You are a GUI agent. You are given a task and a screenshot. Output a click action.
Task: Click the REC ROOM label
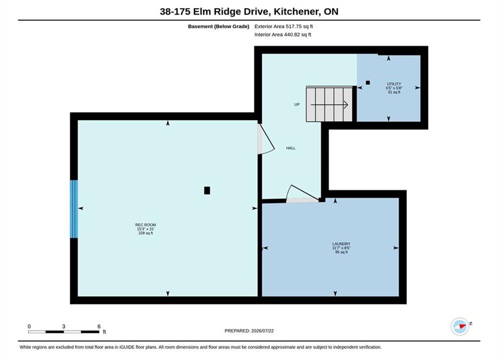click(x=146, y=225)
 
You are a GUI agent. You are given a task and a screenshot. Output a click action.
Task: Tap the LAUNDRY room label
click(x=341, y=244)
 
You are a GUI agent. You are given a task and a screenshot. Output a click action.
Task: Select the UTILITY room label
click(x=394, y=84)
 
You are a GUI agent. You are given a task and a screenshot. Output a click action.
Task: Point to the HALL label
click(x=291, y=148)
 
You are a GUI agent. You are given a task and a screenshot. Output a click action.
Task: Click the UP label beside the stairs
click(x=297, y=104)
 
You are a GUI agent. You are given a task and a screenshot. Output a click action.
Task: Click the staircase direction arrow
click(x=329, y=104)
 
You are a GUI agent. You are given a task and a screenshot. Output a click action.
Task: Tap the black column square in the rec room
click(x=207, y=190)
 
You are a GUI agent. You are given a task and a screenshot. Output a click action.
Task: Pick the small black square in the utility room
click(x=368, y=83)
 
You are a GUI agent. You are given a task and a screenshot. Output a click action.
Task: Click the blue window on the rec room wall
click(x=74, y=209)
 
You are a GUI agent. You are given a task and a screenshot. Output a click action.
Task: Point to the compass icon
click(x=460, y=326)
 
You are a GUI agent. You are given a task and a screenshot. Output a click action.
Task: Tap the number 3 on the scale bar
click(x=64, y=326)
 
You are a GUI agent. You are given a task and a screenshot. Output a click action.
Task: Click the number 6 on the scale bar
click(x=99, y=326)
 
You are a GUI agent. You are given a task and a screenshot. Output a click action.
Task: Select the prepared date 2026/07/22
click(x=262, y=331)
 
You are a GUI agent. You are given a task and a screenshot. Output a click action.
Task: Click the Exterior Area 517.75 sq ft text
click(x=284, y=26)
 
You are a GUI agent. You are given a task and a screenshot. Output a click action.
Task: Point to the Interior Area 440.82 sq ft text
click(x=283, y=34)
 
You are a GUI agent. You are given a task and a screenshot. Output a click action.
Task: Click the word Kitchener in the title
click(x=296, y=11)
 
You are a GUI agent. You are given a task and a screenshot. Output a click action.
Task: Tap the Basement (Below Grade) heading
click(x=219, y=26)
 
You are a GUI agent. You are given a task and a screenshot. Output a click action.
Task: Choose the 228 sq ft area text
click(x=146, y=233)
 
